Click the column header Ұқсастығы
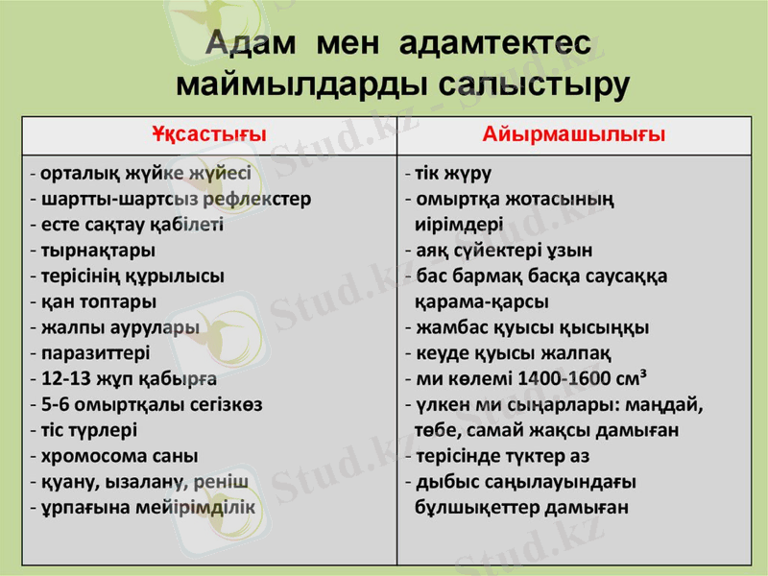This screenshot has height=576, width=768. [208, 134]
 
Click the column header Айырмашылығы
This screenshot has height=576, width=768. [574, 134]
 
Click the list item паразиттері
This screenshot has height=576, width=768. [95, 352]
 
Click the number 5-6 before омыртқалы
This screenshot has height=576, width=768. [57, 403]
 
